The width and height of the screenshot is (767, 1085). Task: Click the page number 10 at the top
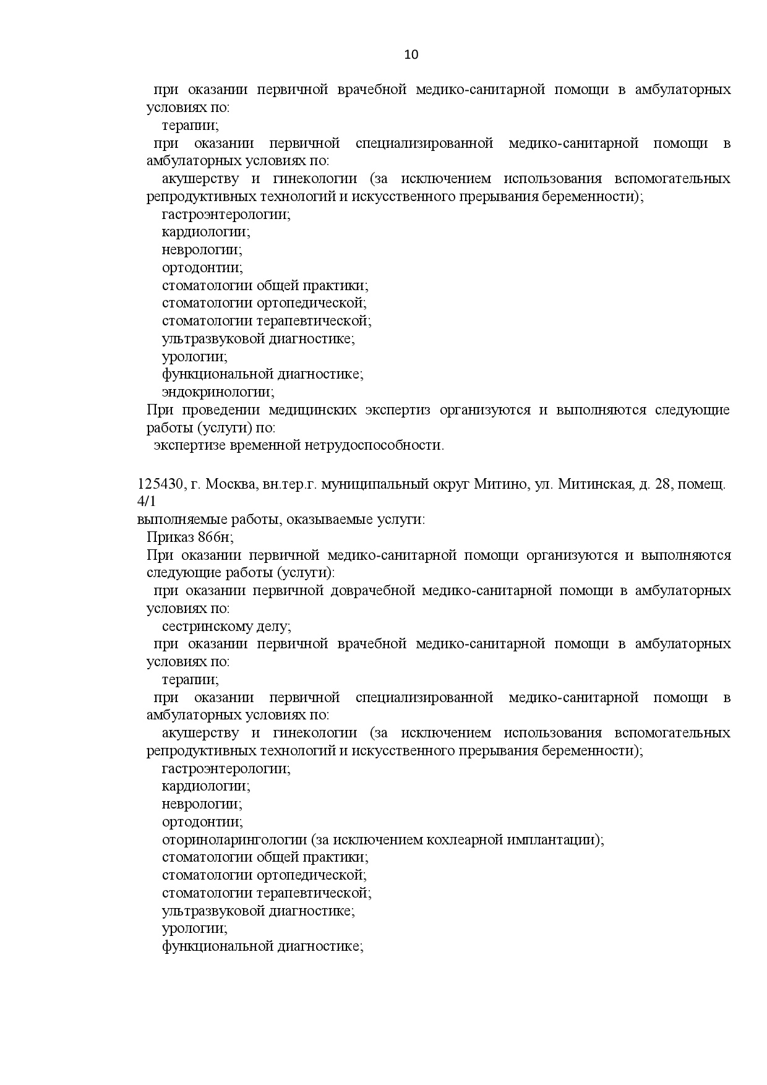[411, 54]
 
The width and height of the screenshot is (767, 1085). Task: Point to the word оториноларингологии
[234, 840]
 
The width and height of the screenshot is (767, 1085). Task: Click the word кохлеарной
[474, 840]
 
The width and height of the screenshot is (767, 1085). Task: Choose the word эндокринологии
[218, 392]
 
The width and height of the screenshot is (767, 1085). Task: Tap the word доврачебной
[372, 591]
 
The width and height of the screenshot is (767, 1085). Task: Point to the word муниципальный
[375, 484]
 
